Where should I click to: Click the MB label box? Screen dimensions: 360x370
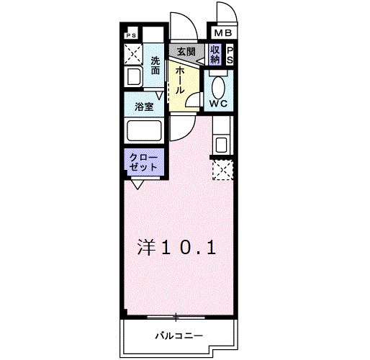tap(222, 33)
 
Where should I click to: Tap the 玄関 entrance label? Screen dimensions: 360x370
tap(186, 53)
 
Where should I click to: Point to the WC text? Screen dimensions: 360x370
tap(219, 104)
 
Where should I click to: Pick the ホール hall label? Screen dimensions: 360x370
tap(178, 77)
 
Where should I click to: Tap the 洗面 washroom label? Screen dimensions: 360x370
tap(156, 66)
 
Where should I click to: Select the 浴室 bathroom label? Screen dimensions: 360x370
tap(143, 106)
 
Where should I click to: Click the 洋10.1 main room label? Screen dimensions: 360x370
tap(177, 247)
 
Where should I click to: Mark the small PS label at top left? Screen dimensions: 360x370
tap(131, 35)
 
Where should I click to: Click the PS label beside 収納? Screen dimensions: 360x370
tap(230, 55)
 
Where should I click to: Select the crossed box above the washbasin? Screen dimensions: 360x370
tap(132, 54)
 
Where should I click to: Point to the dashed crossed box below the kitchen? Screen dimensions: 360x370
tap(223, 171)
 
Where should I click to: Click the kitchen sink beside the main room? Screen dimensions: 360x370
tap(221, 144)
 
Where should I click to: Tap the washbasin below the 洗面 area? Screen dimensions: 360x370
tap(134, 78)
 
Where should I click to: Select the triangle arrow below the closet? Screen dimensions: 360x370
tap(136, 184)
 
